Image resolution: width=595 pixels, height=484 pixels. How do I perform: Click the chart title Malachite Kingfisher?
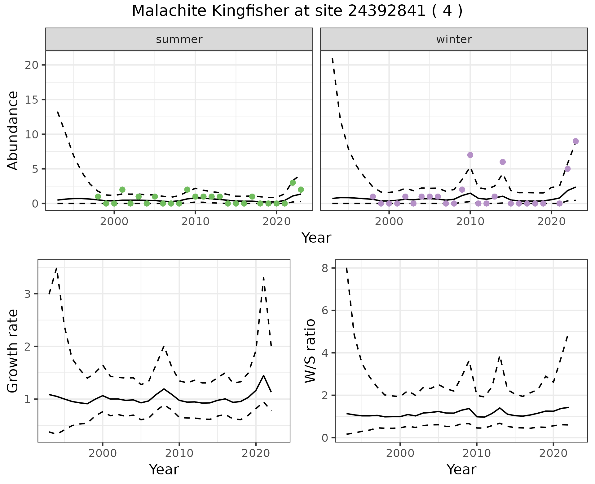(297, 11)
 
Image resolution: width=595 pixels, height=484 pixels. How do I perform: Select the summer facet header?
(179, 39)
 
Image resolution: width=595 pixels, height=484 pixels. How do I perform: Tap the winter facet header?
(454, 39)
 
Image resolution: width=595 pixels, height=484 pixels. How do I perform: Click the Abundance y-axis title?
(13, 131)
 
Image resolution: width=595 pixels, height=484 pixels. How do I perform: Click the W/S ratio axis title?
(310, 351)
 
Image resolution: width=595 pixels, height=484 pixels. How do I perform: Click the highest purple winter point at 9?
(576, 141)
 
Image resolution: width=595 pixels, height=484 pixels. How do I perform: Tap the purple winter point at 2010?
(470, 155)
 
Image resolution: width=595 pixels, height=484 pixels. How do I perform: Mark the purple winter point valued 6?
(503, 162)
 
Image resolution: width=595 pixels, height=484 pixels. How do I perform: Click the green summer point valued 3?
(293, 183)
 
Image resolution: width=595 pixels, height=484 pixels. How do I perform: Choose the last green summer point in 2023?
(301, 190)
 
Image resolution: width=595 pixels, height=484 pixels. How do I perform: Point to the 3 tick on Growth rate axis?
(28, 294)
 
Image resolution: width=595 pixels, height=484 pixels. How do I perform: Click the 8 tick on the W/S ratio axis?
(325, 268)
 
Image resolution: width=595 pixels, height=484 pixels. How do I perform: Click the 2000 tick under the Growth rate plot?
(103, 454)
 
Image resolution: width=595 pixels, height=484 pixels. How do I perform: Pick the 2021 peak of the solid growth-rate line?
(263, 375)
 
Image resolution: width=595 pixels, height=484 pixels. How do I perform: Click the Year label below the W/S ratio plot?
(461, 470)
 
